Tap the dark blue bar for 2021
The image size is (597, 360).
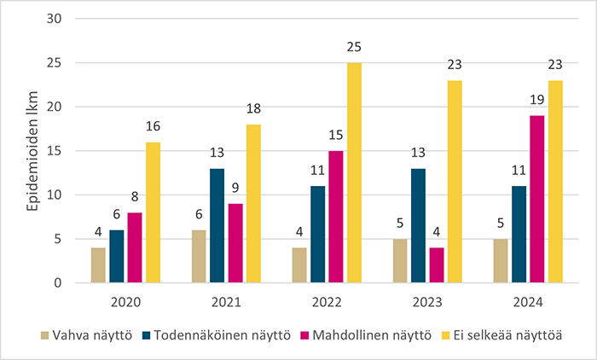pos(218,225)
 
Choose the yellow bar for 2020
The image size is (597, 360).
pos(154,212)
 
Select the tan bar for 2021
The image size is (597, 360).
pos(198,256)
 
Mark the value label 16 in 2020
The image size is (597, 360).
pos(154,126)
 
